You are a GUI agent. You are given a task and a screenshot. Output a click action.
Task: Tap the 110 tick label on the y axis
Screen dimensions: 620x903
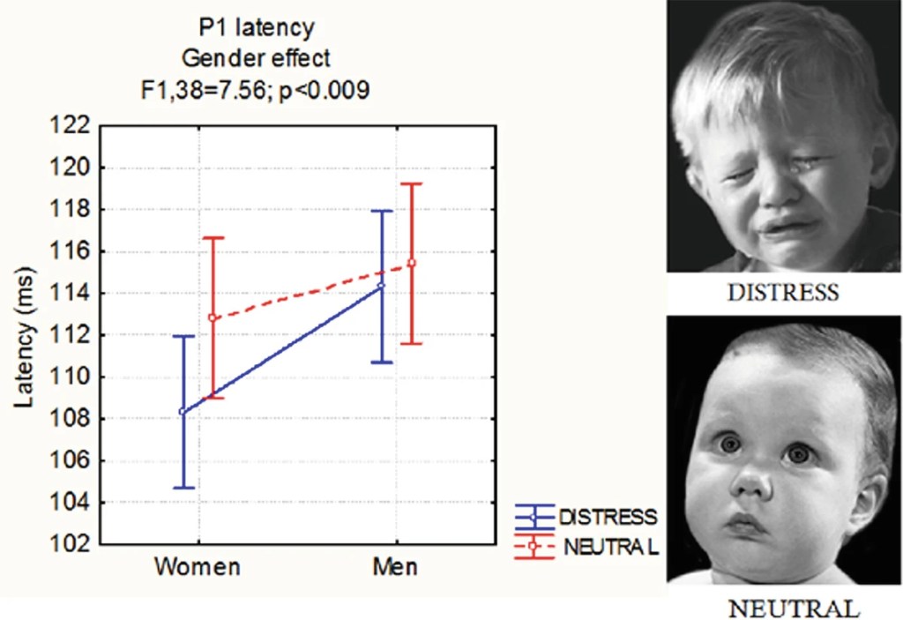[72, 377]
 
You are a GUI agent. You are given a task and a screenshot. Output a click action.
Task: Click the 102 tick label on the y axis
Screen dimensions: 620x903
[72, 545]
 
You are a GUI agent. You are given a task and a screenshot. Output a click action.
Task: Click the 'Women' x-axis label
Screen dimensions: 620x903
[198, 566]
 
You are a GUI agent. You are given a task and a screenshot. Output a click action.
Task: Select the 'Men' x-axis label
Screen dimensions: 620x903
[394, 566]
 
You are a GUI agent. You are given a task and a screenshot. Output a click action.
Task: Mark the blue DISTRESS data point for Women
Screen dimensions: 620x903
[183, 411]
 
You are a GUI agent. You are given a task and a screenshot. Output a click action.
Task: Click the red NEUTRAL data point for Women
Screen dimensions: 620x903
[213, 317]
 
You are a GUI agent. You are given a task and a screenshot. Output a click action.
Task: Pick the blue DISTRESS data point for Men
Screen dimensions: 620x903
[382, 285]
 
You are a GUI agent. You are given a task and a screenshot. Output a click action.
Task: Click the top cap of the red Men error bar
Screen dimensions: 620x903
[411, 183]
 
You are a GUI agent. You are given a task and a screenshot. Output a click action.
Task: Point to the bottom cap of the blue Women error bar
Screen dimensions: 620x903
[183, 488]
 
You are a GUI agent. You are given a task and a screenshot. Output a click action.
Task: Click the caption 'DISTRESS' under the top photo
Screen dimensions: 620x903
[783, 293]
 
